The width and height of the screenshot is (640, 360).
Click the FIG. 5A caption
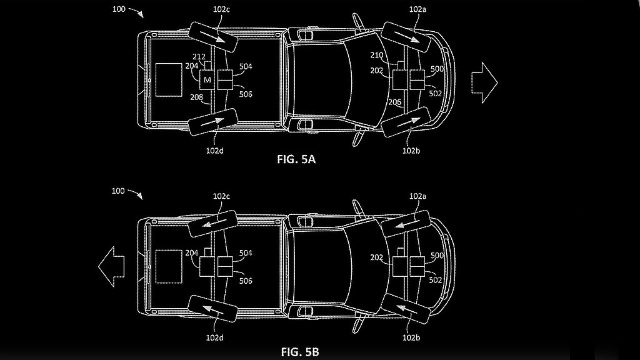(x=296, y=159)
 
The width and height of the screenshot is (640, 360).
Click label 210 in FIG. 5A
(x=394, y=54)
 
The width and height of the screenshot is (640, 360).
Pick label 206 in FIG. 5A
(x=394, y=102)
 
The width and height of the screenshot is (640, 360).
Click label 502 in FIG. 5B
(x=436, y=280)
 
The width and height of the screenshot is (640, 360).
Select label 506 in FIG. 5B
(x=246, y=281)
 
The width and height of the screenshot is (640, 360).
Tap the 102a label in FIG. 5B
(x=418, y=196)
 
